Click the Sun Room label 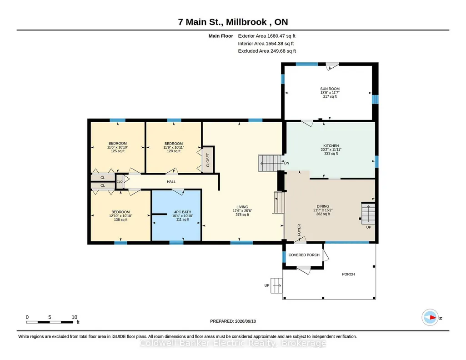coord(330,89)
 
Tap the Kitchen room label coord(331,146)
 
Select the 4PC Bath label coord(182,212)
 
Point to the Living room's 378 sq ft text coord(242,215)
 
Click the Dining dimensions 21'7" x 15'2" coord(323,210)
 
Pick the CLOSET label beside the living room coord(208,160)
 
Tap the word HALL coord(171,182)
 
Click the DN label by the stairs coord(286,163)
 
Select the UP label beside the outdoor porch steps coord(267,285)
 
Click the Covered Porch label coord(304,255)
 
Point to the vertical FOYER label coord(299,230)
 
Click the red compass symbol coord(430,318)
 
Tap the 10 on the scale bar coord(74,317)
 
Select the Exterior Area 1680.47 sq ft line coord(266,36)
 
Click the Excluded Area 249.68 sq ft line coord(267,51)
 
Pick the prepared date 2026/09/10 coord(246,321)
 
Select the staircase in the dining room coord(368,213)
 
